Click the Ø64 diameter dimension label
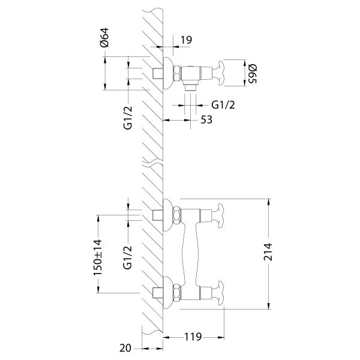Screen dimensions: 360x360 click(104, 37)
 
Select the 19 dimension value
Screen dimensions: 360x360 click(186, 40)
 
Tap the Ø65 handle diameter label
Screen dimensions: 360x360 click(253, 74)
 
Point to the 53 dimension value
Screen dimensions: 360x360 click(206, 119)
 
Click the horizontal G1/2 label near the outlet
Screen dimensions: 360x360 click(223, 105)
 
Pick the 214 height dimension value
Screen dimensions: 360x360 click(268, 252)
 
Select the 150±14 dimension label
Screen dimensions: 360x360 click(97, 257)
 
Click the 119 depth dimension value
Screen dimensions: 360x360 click(193, 337)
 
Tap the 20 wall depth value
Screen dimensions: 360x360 click(125, 348)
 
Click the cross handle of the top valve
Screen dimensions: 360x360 click(218, 73)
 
